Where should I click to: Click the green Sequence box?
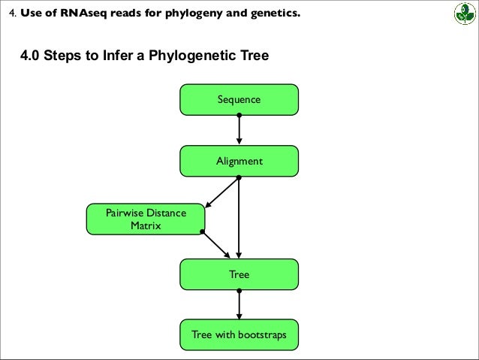click(x=239, y=99)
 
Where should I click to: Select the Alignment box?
click(x=239, y=161)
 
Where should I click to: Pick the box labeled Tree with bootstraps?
click(x=239, y=334)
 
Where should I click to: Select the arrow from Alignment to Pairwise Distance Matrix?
click(x=221, y=192)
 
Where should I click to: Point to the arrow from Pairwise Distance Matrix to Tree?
click(x=217, y=244)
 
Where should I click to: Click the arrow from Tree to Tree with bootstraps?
click(x=239, y=304)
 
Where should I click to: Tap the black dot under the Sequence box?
click(x=239, y=115)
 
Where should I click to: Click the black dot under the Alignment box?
click(x=239, y=177)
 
